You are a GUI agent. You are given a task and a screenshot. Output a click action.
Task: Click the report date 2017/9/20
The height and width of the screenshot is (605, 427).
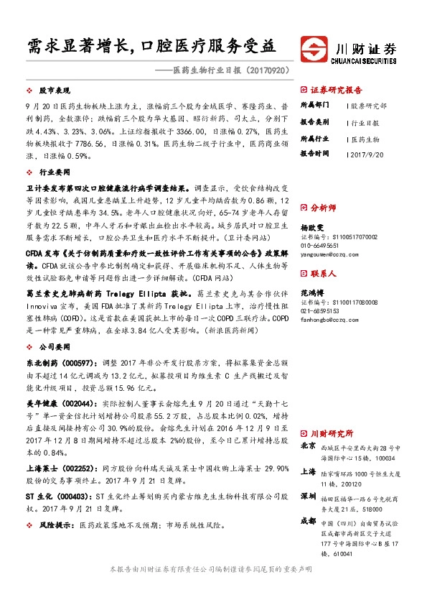pos(369,153)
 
